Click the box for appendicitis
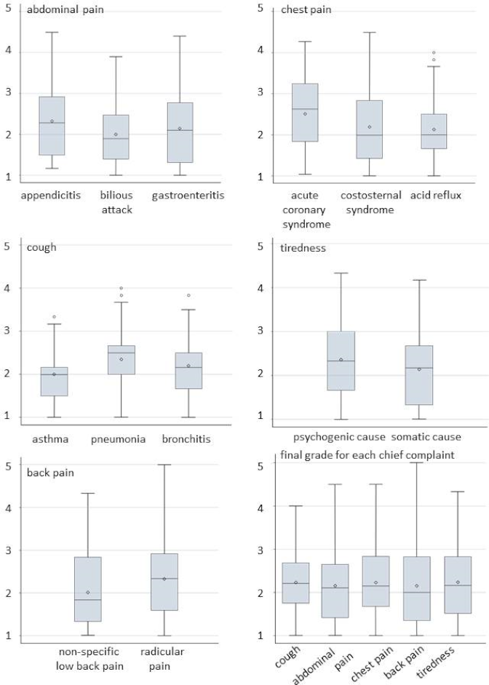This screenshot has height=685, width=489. point(52,125)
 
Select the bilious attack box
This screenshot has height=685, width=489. point(116,137)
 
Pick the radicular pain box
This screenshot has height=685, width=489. point(164,582)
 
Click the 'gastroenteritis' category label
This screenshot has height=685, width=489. point(188,196)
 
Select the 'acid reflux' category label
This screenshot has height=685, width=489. point(436,196)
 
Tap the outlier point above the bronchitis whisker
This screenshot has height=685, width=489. point(188,295)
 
